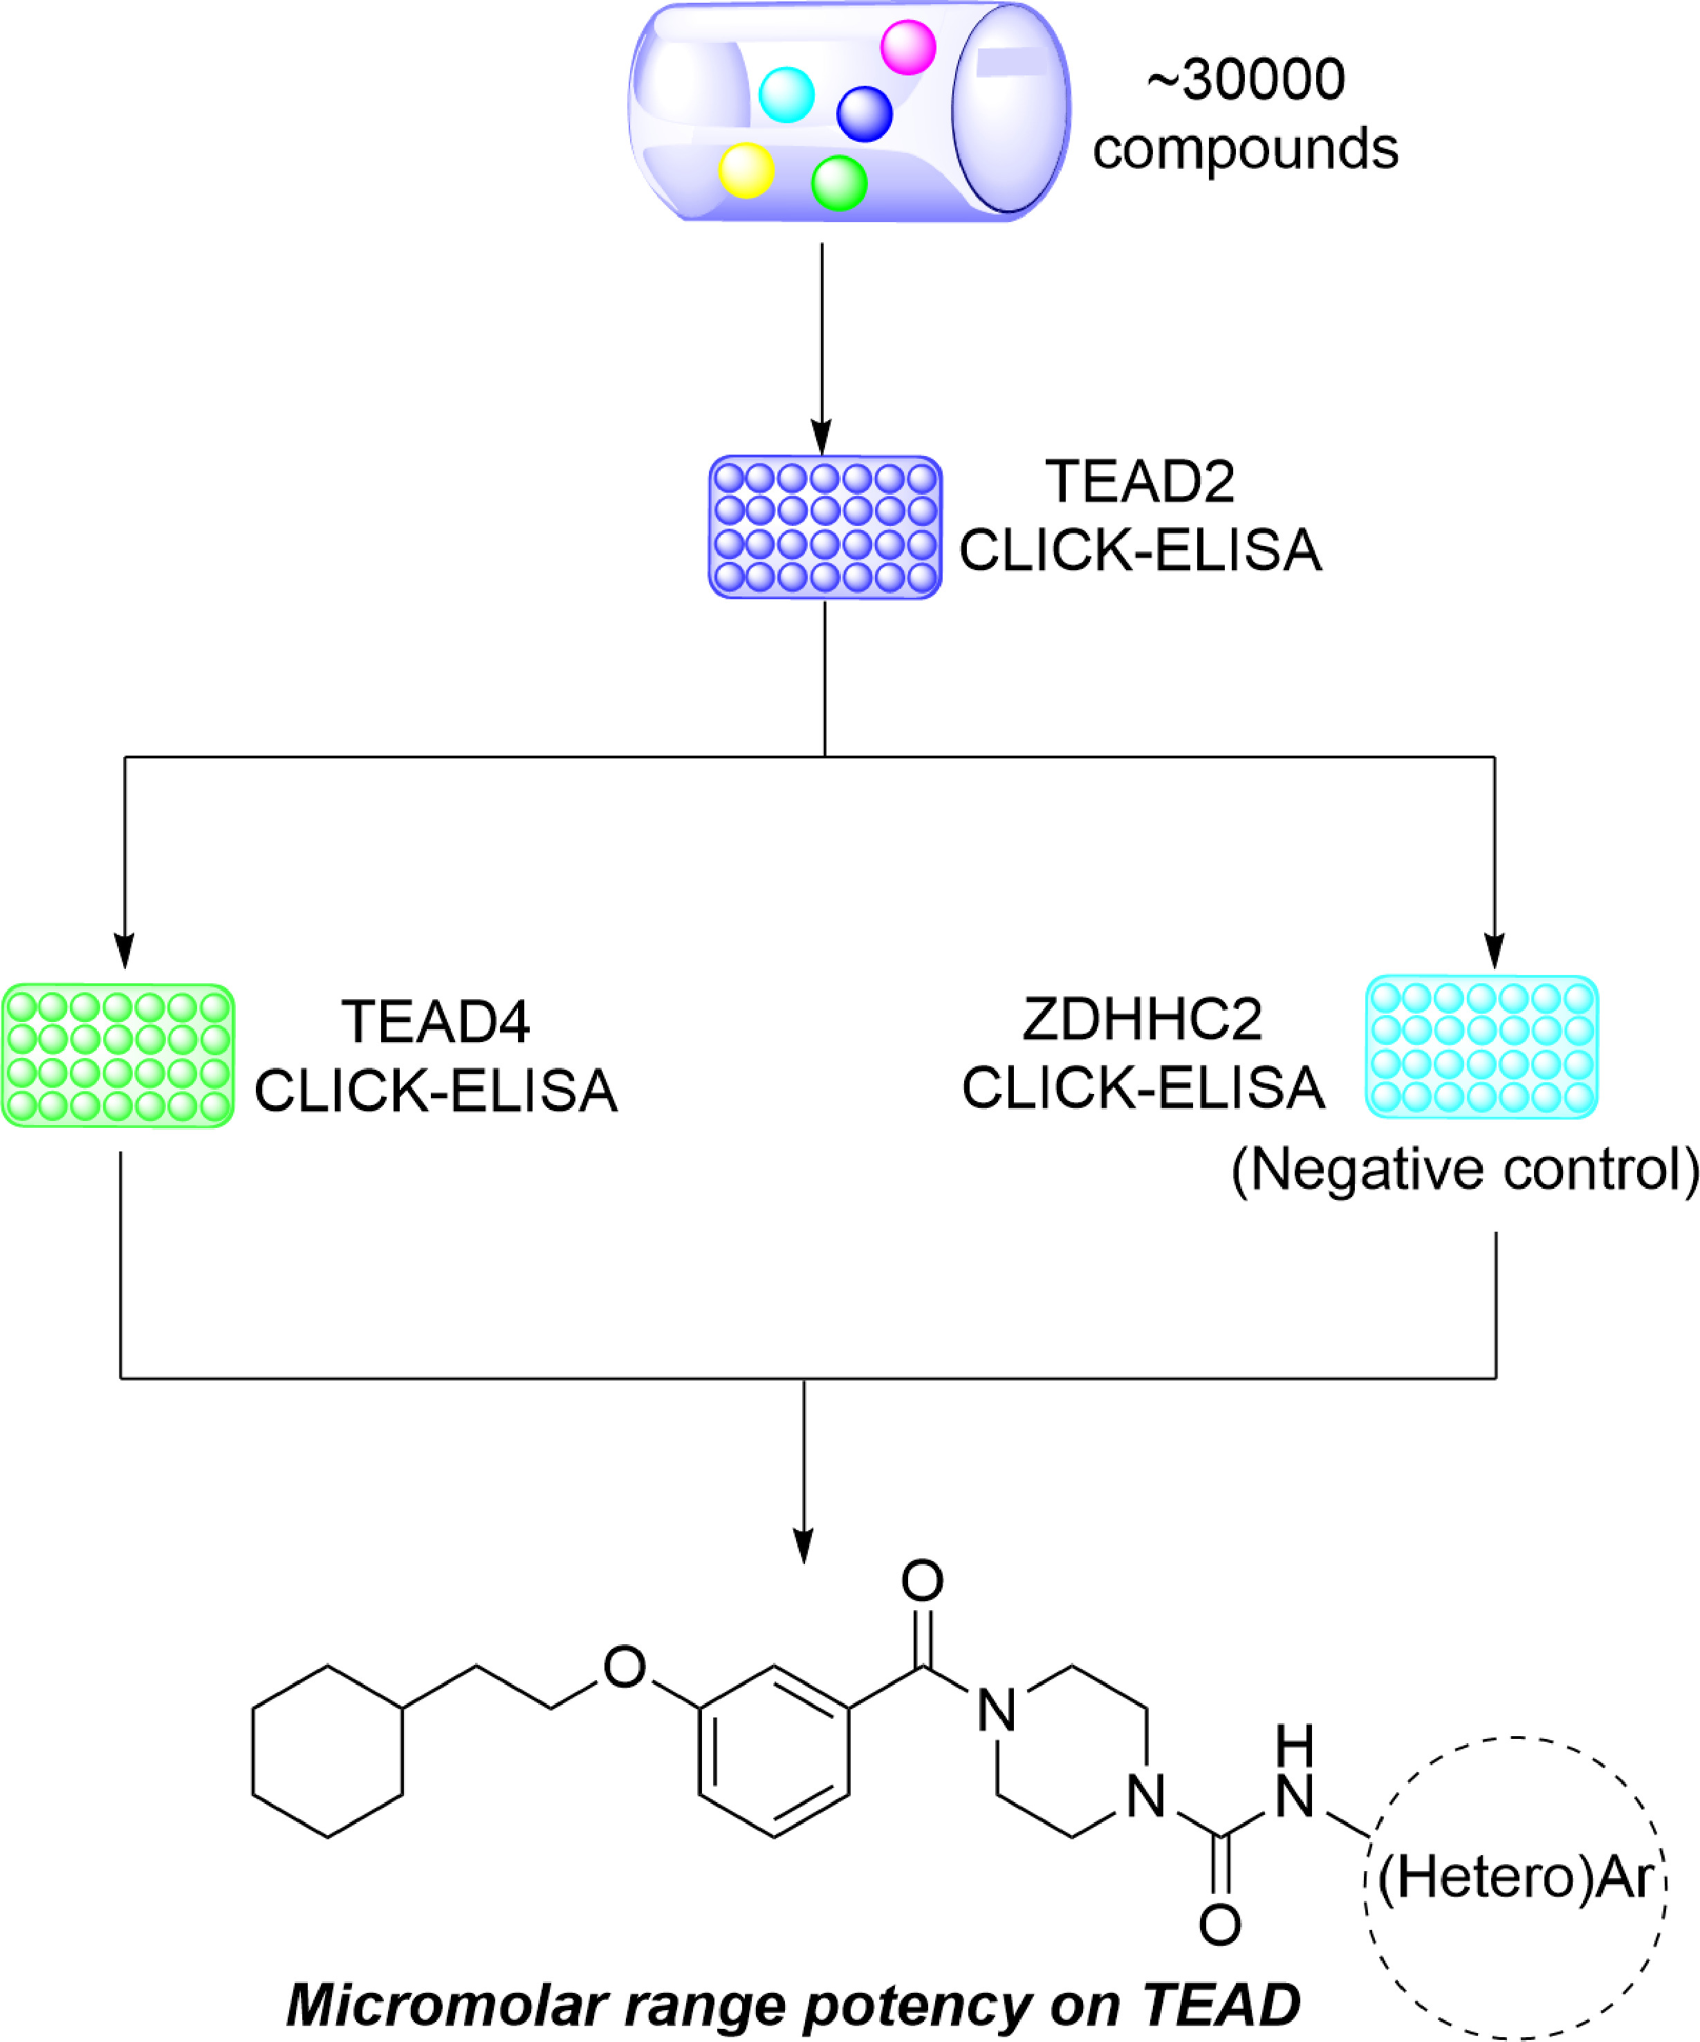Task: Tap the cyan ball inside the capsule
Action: click(x=786, y=94)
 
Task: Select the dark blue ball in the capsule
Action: click(x=864, y=113)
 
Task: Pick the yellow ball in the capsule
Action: click(x=746, y=170)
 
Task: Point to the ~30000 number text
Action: click(x=1246, y=80)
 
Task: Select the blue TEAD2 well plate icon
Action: click(x=825, y=527)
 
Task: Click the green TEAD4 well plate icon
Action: click(x=118, y=1056)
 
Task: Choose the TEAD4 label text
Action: click(x=436, y=1022)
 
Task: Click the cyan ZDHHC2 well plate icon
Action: click(x=1481, y=1047)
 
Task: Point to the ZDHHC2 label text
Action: click(x=1142, y=1019)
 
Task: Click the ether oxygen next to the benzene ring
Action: click(x=624, y=1667)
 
